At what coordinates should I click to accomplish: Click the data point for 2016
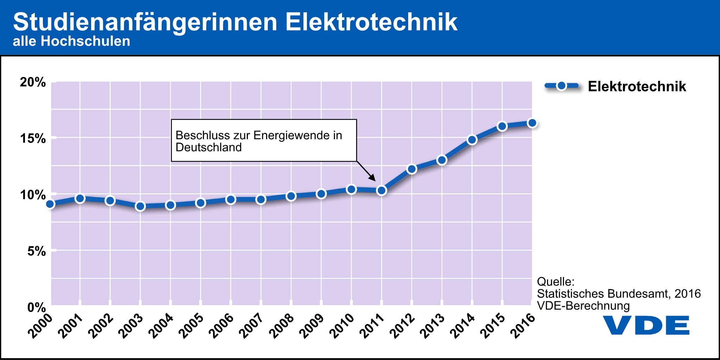tap(532, 123)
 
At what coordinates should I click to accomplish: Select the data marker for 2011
tap(381, 191)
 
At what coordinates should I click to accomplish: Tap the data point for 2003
tap(140, 206)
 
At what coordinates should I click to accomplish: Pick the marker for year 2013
tap(442, 160)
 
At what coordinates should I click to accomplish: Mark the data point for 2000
tap(50, 204)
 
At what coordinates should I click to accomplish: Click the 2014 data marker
tap(472, 140)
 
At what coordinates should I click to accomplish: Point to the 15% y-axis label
tap(33, 139)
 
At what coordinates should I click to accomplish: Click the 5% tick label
tap(37, 251)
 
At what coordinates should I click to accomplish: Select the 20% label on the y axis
tap(33, 82)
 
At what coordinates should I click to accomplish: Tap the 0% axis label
tap(37, 308)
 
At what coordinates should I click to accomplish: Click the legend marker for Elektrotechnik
tap(561, 86)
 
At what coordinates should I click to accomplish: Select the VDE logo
tap(646, 325)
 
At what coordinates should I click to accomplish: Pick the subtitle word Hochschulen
tap(85, 41)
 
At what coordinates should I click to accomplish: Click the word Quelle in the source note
tap(555, 282)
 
